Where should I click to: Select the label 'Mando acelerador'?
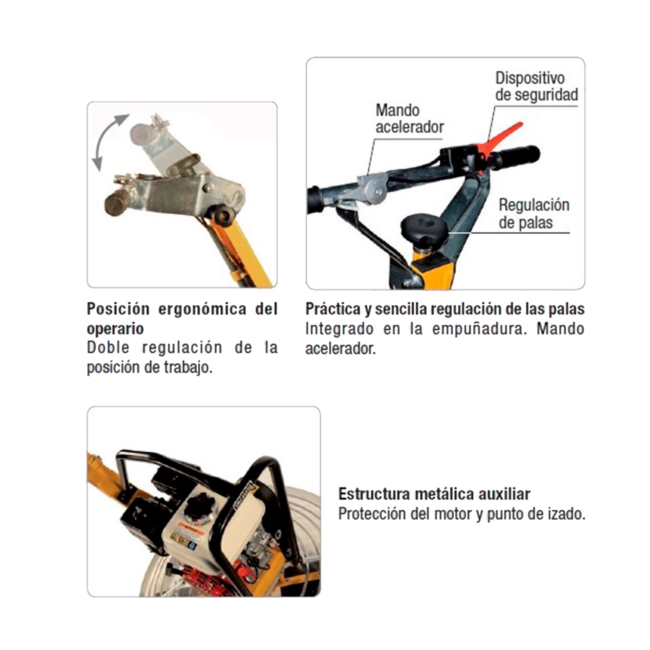(x=409, y=118)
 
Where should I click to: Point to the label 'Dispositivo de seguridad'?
(x=537, y=86)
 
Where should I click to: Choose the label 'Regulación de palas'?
(x=534, y=214)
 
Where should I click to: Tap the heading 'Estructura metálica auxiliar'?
(x=434, y=494)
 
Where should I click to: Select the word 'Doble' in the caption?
(x=108, y=347)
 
